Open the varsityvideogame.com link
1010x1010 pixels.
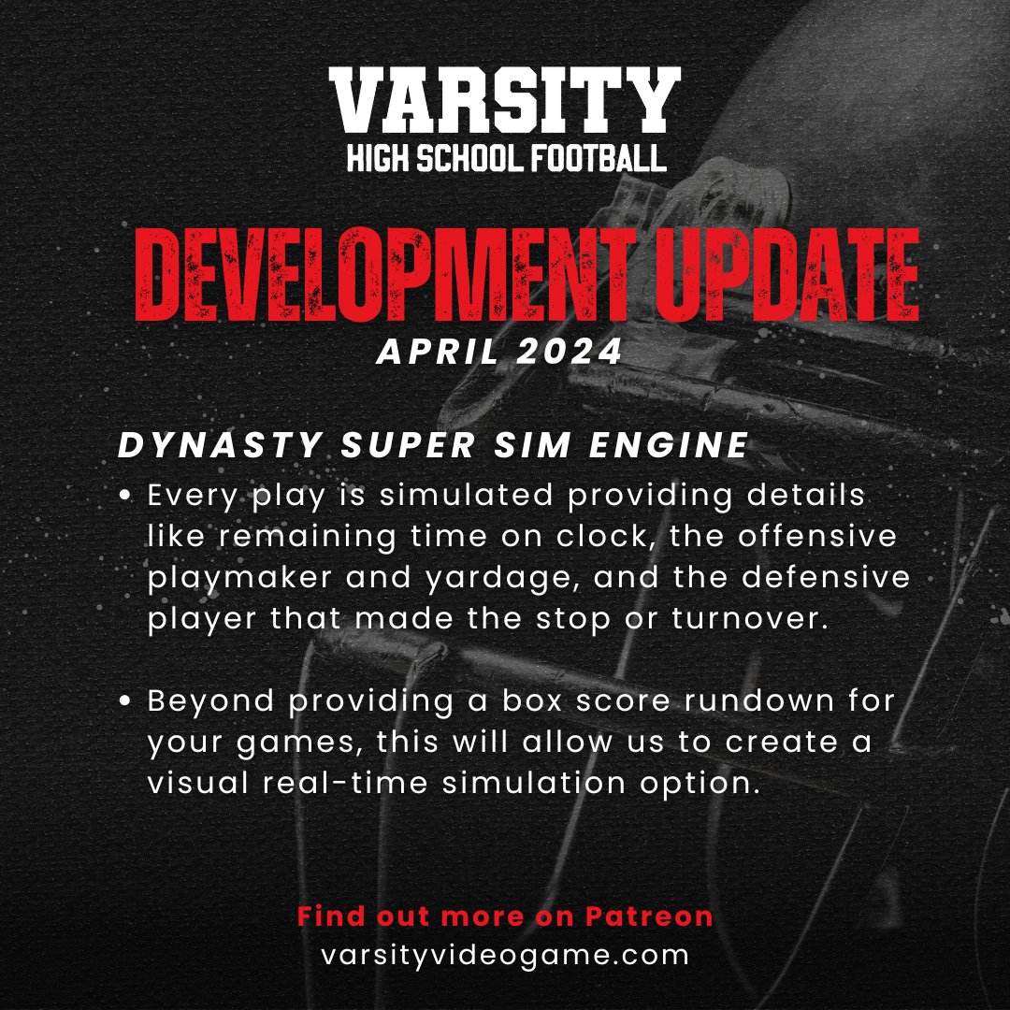tap(505, 956)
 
